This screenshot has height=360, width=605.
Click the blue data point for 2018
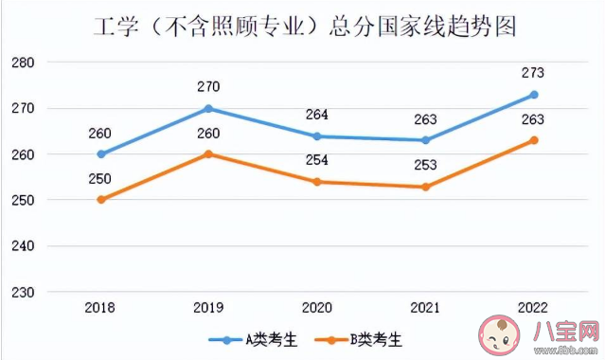click(101, 153)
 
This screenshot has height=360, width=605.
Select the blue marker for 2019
click(208, 108)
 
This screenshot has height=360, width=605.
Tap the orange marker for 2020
click(316, 182)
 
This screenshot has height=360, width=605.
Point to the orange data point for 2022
click(534, 140)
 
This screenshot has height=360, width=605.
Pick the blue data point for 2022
click(534, 95)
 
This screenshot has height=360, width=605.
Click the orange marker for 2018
click(101, 200)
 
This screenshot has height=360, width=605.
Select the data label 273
click(534, 72)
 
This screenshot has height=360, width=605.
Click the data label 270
click(208, 87)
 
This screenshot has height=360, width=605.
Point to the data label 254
click(316, 159)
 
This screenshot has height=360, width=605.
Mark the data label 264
click(316, 115)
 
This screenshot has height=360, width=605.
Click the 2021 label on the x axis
click(425, 309)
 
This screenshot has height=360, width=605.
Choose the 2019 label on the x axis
click(208, 309)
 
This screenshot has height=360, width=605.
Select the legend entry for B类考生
click(359, 337)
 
